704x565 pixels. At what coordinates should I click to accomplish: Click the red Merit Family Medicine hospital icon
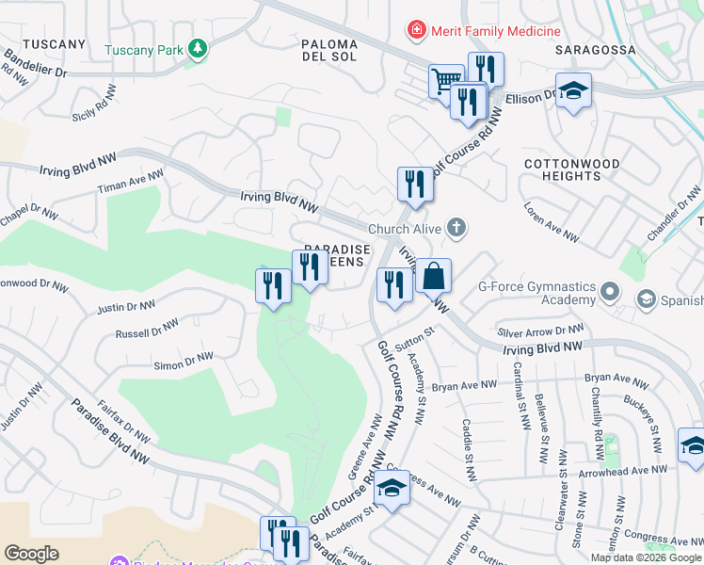coord(414,31)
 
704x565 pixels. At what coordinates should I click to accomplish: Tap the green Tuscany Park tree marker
coord(197,48)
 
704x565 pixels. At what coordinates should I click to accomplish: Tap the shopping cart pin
coord(446,80)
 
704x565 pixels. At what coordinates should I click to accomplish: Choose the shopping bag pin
coord(433,278)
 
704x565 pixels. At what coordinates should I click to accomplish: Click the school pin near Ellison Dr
coord(573,91)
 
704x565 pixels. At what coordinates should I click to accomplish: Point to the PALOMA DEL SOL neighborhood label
coord(329,52)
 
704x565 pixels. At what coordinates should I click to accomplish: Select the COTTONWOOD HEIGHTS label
coord(572,169)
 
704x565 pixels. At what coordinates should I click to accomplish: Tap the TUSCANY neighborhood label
coord(54,44)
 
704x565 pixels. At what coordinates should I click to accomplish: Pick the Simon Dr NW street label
coord(184,362)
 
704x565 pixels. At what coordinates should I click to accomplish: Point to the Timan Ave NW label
coord(131,183)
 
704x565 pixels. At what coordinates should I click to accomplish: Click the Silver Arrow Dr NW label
coord(541,331)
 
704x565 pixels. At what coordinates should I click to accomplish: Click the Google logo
coord(31,554)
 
